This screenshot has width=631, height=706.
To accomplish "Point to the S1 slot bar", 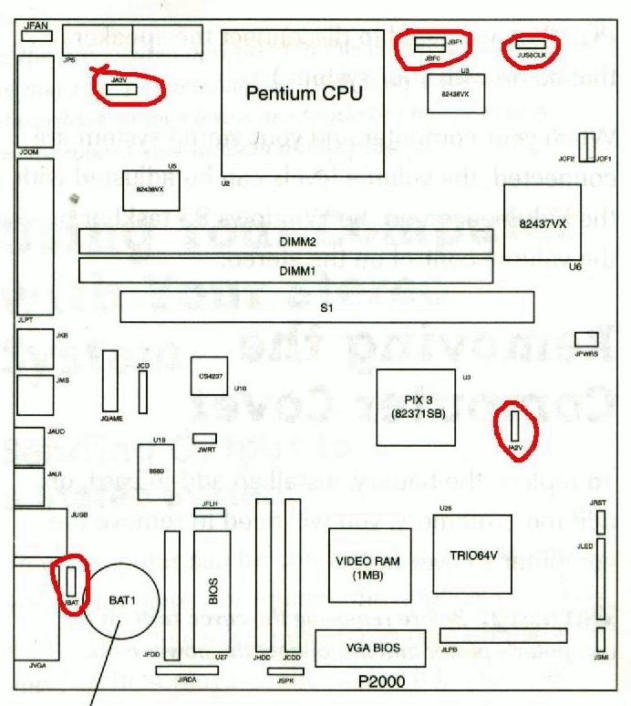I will coord(326,307).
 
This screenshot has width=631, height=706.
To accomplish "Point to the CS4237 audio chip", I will coord(209,376).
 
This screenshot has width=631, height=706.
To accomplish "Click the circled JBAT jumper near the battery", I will coord(70,578).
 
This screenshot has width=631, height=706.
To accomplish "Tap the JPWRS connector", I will coord(585,339).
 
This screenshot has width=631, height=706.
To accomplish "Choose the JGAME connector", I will coord(111,381).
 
